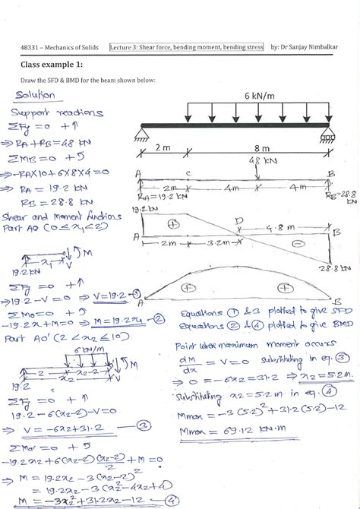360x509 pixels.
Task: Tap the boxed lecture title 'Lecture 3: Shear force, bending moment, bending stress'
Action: pos(187,47)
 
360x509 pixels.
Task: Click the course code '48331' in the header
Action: pos(30,48)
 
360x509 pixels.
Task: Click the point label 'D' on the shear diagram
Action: pos(241,220)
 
